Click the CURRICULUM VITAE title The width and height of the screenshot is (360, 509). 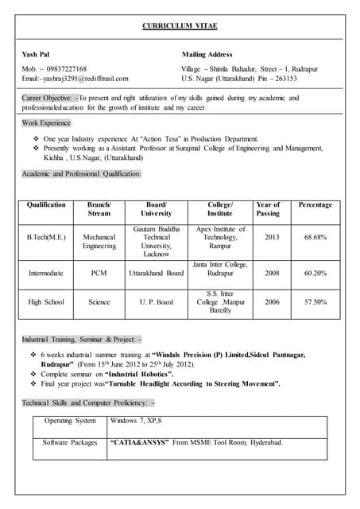point(180,26)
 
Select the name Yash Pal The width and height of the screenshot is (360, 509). point(37,54)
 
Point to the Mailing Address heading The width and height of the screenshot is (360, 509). point(207,54)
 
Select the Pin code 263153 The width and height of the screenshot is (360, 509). point(284,79)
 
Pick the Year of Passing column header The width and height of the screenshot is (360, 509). point(268,209)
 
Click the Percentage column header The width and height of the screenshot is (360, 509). point(315,205)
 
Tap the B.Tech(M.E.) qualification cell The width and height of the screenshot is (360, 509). point(46,237)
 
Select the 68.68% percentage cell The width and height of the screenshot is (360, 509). point(315,237)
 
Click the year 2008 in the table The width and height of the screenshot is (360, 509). point(272,273)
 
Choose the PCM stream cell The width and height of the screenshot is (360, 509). point(99,273)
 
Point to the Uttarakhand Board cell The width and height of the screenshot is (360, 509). point(156,273)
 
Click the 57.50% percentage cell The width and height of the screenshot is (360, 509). point(315,302)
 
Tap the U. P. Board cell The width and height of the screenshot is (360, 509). point(156,302)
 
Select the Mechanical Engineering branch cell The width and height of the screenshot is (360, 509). point(99,242)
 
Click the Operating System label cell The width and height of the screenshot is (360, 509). point(70,420)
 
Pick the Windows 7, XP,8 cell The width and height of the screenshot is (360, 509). point(136,420)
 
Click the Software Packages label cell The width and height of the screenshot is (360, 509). point(70,442)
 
